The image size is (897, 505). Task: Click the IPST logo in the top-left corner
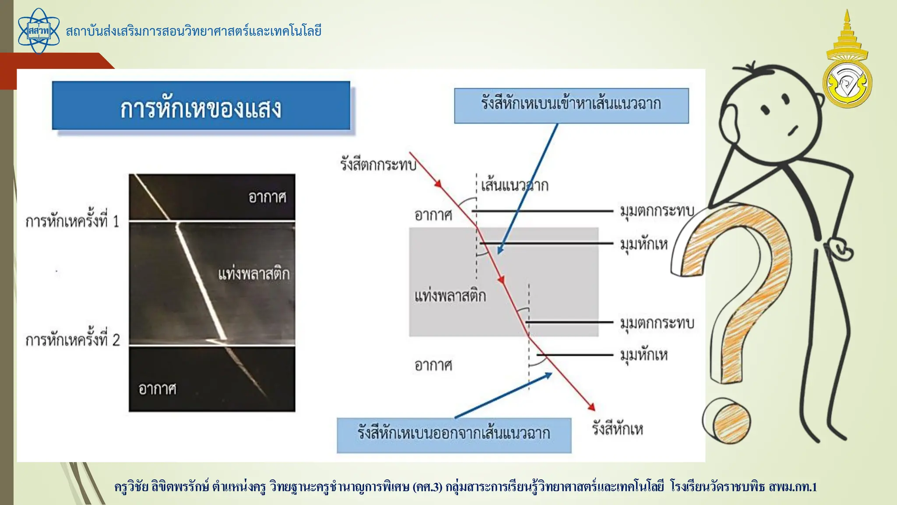[x=39, y=31]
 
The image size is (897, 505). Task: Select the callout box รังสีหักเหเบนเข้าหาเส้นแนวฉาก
[x=571, y=106]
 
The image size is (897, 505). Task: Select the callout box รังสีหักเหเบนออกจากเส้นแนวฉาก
[x=454, y=435]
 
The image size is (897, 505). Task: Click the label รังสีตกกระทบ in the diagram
[x=378, y=165]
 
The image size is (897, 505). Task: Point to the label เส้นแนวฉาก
[x=515, y=185]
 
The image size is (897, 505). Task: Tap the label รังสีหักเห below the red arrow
[x=618, y=429]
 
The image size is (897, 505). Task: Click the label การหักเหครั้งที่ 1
[x=72, y=221]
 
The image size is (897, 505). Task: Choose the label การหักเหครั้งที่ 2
[x=72, y=340]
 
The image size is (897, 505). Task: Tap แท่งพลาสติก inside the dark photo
[x=254, y=274]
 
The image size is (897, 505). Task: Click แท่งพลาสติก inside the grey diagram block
[x=450, y=296]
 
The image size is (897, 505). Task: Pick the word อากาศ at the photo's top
[x=267, y=197]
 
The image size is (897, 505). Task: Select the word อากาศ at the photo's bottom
[x=157, y=389]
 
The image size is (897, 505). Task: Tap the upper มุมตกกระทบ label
[x=657, y=211]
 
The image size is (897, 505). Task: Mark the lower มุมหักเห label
[x=644, y=355]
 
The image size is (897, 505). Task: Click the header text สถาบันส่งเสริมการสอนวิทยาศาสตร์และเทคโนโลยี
[x=194, y=31]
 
